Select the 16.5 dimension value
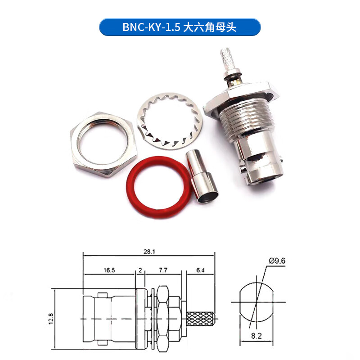tap(109, 270)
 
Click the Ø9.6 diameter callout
tap(278, 261)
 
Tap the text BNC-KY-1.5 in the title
tap(151, 27)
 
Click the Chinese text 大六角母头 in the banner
tap(209, 27)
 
